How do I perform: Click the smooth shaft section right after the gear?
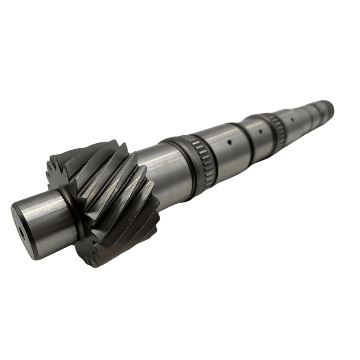[x=157, y=172]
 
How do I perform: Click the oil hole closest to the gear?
[x=229, y=143]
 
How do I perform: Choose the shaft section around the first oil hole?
[x=228, y=151]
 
